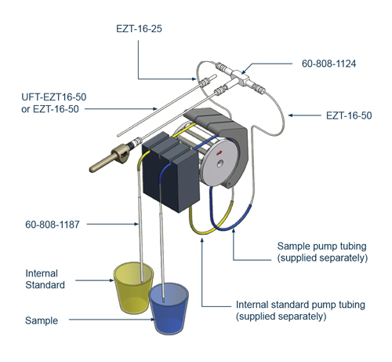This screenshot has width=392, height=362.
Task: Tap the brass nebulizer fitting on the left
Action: click(x=109, y=158)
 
